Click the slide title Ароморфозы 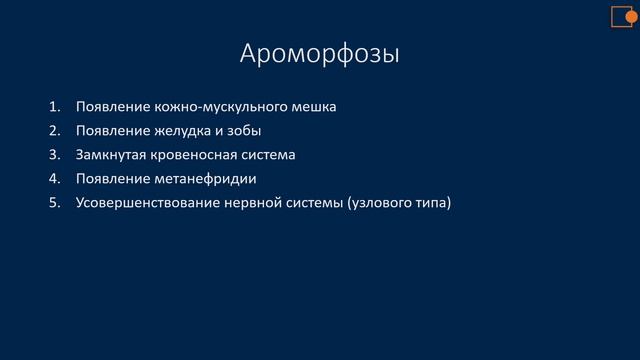coord(319,53)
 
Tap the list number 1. coord(53,106)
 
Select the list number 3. coord(53,155)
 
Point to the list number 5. coord(53,204)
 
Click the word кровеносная coord(198,155)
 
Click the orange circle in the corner coord(632,10)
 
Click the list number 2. coord(53,131)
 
